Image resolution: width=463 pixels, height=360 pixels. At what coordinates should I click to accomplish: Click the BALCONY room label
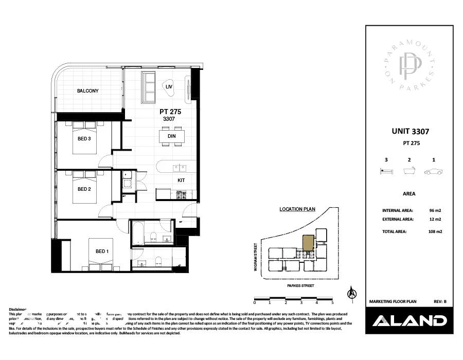pos(87,91)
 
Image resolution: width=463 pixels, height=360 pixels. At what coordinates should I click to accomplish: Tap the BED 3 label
pos(84,139)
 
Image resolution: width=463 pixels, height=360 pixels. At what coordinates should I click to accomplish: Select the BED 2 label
pos(84,189)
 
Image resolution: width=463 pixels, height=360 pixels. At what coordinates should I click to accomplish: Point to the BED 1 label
pos(102,251)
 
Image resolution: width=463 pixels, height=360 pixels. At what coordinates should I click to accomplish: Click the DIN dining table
pos(172,136)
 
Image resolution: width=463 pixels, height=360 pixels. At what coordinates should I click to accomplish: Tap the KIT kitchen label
pos(181,181)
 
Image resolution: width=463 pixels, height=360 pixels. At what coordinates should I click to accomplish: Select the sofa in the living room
pos(149,87)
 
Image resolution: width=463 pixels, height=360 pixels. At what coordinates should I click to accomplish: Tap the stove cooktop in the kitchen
pos(181,195)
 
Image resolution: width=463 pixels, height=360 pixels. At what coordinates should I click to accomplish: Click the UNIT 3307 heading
pos(410,132)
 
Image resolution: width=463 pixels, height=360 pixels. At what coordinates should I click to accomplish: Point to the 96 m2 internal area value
pos(435,211)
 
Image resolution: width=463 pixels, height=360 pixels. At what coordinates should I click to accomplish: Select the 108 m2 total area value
pos(435,231)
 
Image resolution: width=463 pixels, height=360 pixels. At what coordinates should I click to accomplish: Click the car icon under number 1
pos(434,172)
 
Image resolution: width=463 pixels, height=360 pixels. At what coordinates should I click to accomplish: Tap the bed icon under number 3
pos(386,172)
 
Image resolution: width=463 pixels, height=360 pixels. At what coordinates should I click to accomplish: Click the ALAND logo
pos(409,321)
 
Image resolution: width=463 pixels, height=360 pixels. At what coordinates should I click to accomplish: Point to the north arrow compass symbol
pos(352,293)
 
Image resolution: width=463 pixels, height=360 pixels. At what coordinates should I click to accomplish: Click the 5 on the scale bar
pos(332,302)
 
